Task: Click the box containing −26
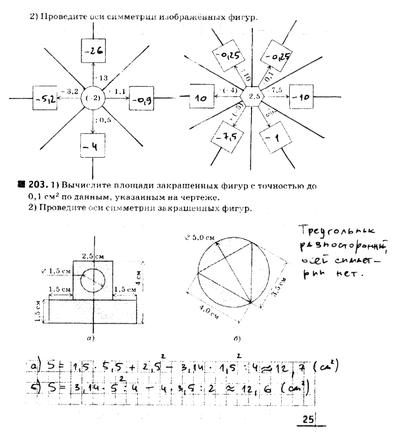tap(93, 51)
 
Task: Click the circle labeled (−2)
tap(93, 98)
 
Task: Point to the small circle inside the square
tap(93, 280)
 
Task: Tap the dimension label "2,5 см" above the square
tap(93, 256)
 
